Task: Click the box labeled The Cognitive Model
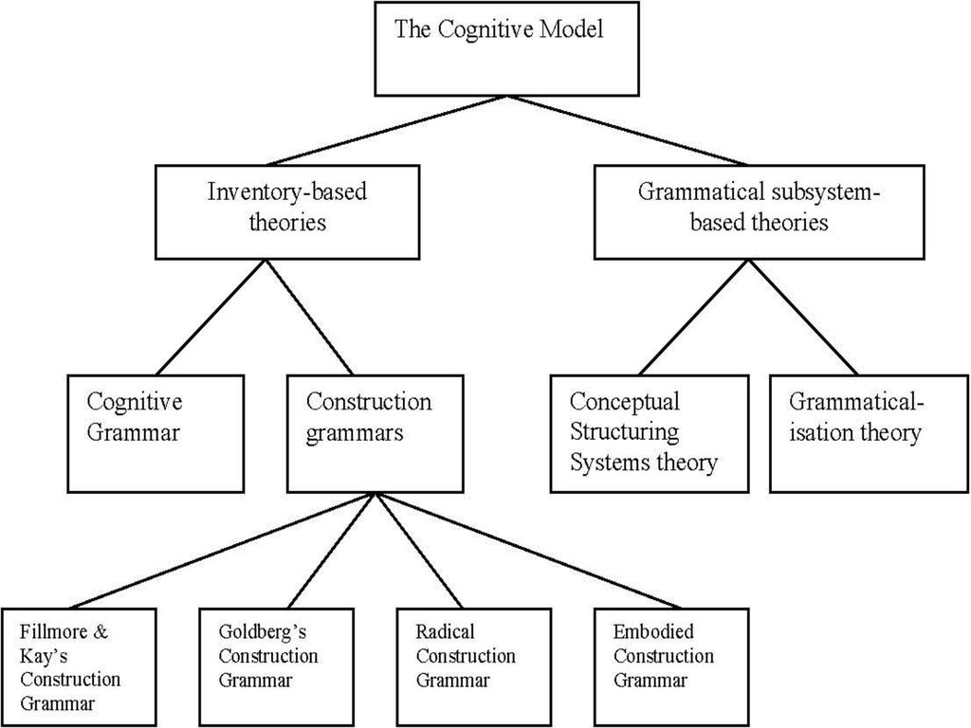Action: pyautogui.click(x=506, y=48)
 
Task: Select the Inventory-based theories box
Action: pyautogui.click(x=286, y=211)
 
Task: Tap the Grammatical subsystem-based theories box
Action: pyautogui.click(x=760, y=211)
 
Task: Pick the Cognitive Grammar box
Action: pyautogui.click(x=156, y=433)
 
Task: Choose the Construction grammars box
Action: pyautogui.click(x=375, y=433)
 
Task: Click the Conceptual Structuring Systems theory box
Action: pyautogui.click(x=649, y=433)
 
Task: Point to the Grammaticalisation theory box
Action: pyautogui.click(x=869, y=433)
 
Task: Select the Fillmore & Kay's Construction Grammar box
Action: pyautogui.click(x=79, y=667)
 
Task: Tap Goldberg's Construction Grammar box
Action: pyautogui.click(x=277, y=667)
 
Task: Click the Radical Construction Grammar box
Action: pyautogui.click(x=474, y=667)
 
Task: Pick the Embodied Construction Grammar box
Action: pyautogui.click(x=671, y=667)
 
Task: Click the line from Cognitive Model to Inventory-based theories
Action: pyautogui.click(x=388, y=131)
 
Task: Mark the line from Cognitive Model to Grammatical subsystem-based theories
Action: pyautogui.click(x=628, y=131)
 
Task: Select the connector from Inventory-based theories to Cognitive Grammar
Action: pyautogui.click(x=211, y=317)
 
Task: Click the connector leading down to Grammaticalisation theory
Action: pyautogui.click(x=803, y=317)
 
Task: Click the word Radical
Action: pyautogui.click(x=445, y=631)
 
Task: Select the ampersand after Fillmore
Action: pyautogui.click(x=100, y=631)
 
